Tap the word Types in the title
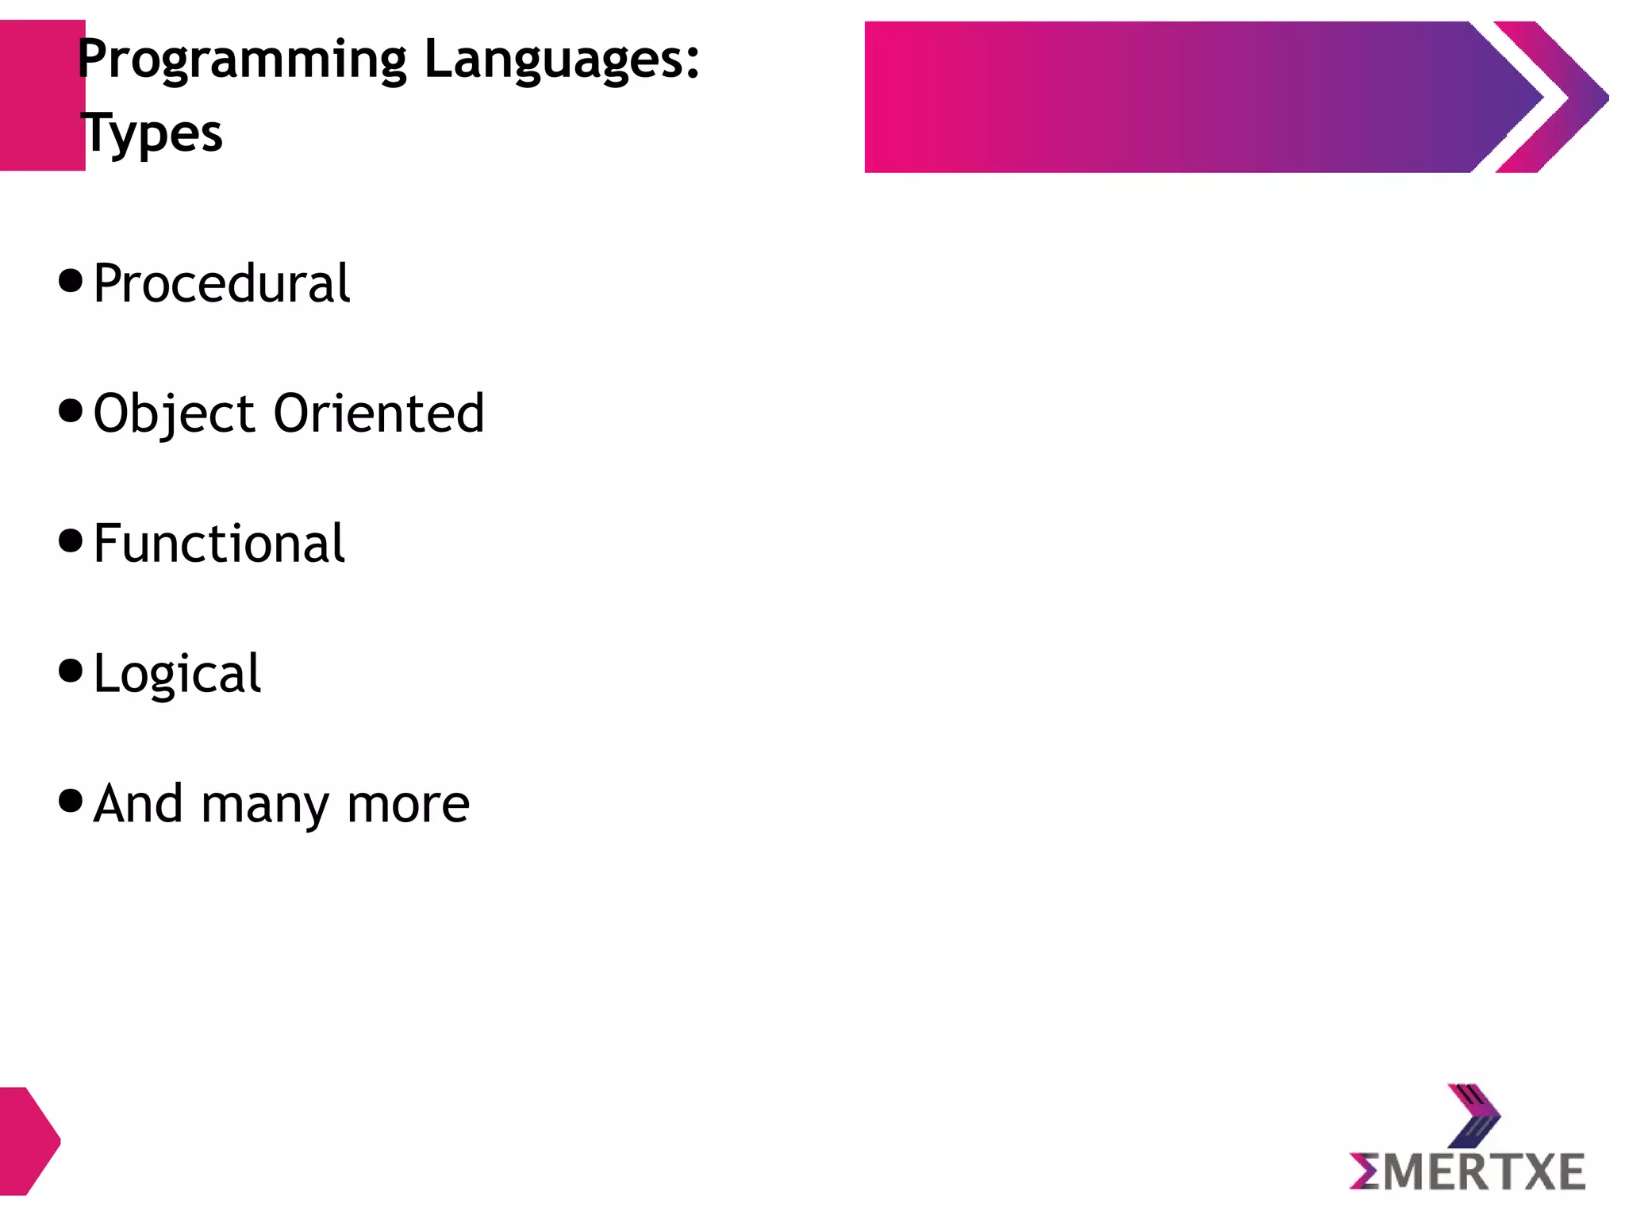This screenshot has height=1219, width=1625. (x=152, y=133)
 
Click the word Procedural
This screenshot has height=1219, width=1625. (x=221, y=283)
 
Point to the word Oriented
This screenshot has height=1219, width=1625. (x=378, y=413)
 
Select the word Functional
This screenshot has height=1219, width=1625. (x=219, y=544)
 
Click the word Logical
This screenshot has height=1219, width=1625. (x=177, y=674)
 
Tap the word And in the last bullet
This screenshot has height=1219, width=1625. (x=138, y=804)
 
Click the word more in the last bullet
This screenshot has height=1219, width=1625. (x=409, y=805)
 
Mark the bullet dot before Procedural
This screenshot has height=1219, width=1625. (x=71, y=280)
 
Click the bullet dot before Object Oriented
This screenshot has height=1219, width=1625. (x=71, y=410)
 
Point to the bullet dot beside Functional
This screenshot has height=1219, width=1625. (x=71, y=540)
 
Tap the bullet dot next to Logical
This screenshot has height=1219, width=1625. (x=71, y=671)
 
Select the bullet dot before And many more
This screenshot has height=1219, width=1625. (x=71, y=801)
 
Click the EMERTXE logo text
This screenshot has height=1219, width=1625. (x=1467, y=1172)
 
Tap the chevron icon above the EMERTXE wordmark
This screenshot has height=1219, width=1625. (x=1473, y=1116)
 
